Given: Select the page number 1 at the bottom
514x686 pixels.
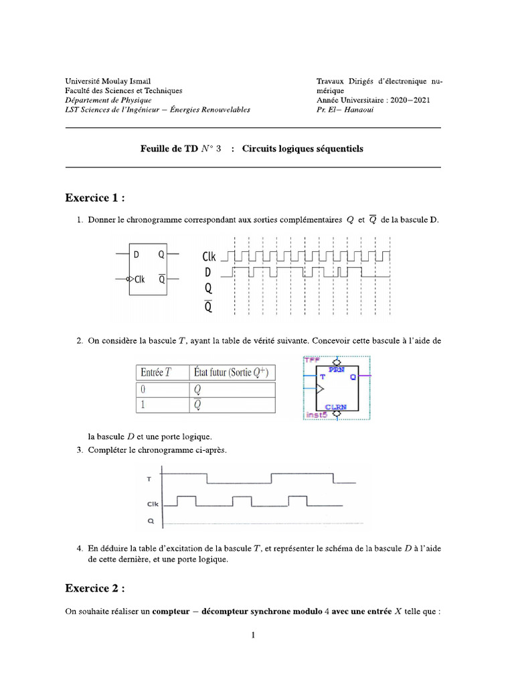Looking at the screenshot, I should point(253,636).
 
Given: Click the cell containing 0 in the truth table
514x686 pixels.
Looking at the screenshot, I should point(143,389).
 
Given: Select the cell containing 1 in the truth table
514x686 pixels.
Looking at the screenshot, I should point(143,405).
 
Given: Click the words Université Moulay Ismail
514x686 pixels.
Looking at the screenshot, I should point(112,81).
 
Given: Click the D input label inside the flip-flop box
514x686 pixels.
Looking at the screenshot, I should point(137,255).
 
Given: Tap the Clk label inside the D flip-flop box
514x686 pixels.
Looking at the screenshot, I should point(139,279).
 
